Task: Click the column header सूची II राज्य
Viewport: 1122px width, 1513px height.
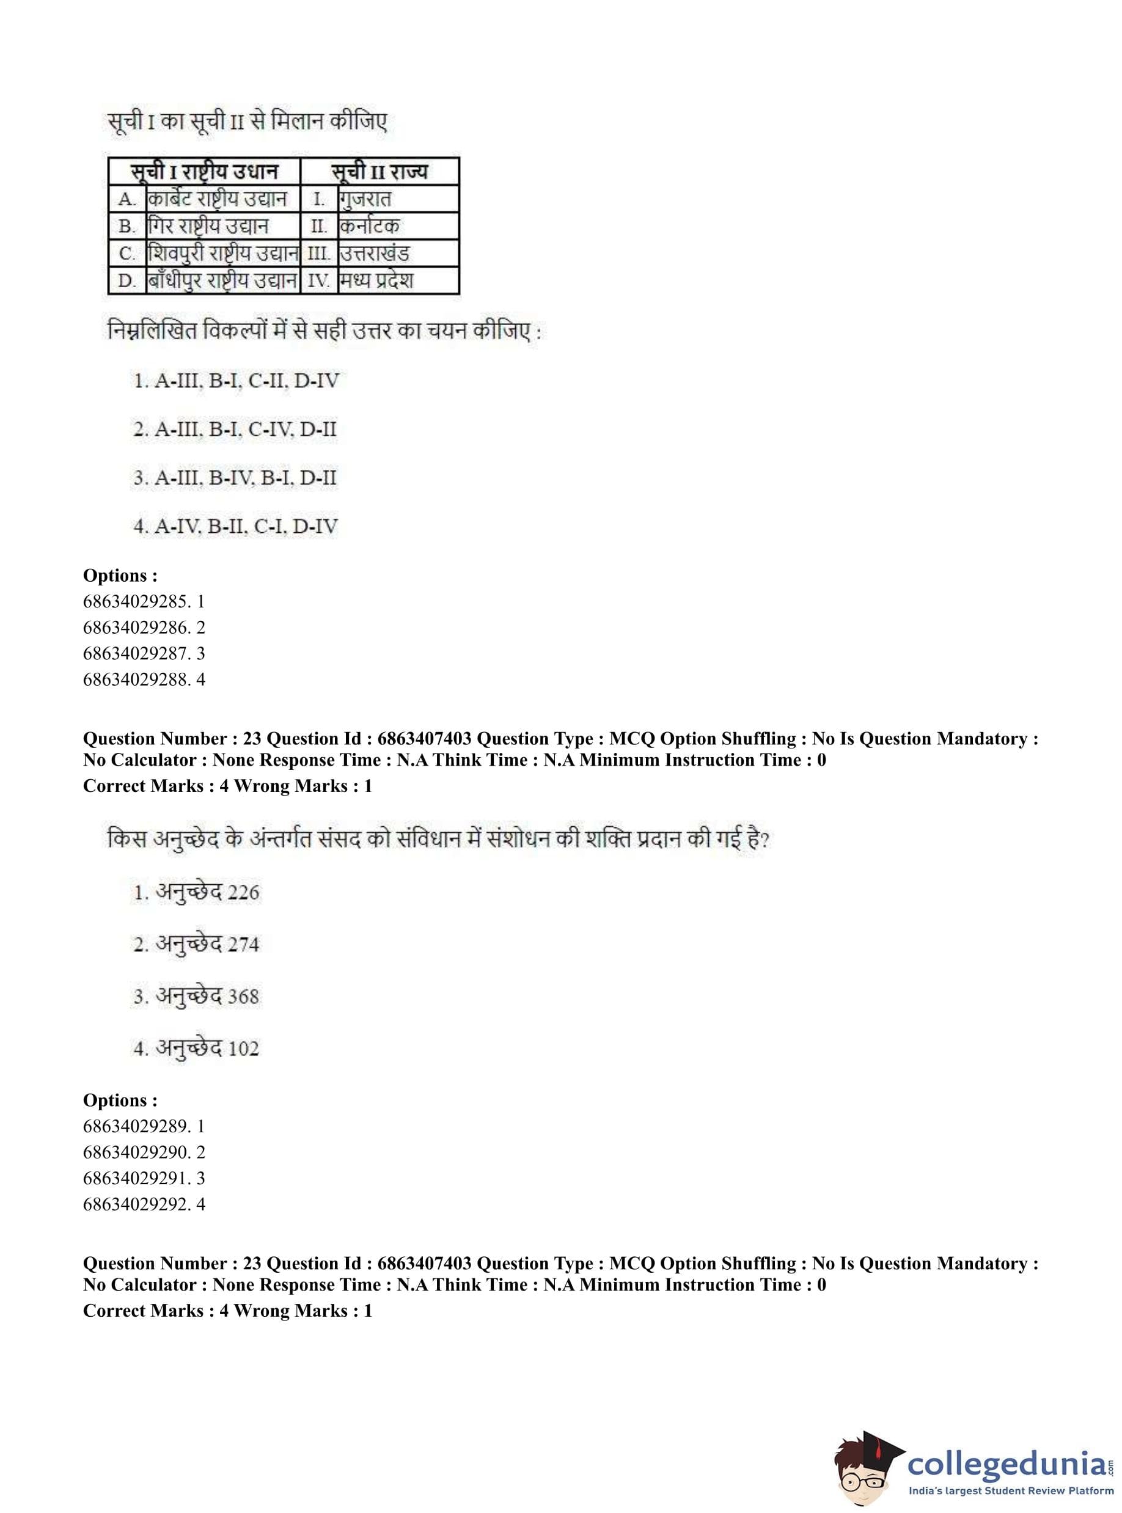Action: click(380, 171)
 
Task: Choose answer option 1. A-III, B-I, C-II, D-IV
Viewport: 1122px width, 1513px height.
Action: click(236, 380)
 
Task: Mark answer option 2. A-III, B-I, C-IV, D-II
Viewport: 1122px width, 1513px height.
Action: click(235, 429)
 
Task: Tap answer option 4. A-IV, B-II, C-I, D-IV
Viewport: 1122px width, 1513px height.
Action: click(235, 526)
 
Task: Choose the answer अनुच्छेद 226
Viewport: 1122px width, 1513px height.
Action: click(196, 892)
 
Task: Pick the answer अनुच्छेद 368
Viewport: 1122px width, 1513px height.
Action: click(196, 996)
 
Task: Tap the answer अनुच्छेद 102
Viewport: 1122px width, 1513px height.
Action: click(196, 1049)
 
